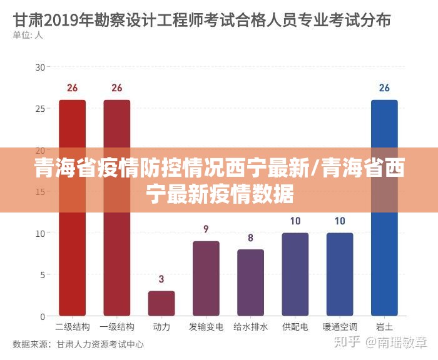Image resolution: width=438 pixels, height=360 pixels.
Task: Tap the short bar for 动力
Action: pos(161,303)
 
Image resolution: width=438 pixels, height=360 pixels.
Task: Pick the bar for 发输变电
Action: pos(206,278)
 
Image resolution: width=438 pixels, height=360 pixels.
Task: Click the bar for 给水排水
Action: pos(250,282)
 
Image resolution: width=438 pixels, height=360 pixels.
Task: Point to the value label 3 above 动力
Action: pos(161,279)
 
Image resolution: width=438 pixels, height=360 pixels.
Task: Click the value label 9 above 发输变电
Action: pos(206,229)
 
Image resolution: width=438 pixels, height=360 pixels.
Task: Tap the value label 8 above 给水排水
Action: pos(250,237)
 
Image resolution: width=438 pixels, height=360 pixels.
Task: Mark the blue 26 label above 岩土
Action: pos(384,88)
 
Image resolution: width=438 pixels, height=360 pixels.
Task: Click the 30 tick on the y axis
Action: pos(41,67)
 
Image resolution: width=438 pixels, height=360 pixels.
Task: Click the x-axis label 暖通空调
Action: pos(340,327)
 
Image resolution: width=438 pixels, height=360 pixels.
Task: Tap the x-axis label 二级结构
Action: pos(72,327)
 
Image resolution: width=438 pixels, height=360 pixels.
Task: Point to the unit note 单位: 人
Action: pos(28,35)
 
